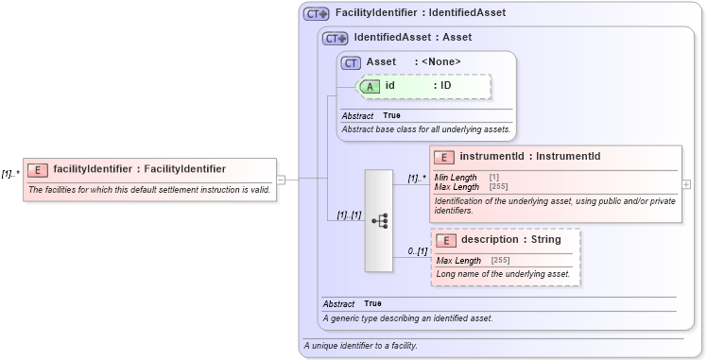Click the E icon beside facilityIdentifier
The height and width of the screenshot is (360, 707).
tap(38, 170)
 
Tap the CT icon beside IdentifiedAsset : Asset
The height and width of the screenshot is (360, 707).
tap(336, 39)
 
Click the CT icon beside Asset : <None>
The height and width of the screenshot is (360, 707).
tap(352, 62)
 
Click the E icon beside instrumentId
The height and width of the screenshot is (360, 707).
tap(443, 157)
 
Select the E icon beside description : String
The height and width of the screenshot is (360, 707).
tap(445, 241)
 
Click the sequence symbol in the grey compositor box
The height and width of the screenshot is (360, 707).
tap(379, 221)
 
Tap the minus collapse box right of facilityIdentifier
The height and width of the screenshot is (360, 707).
tap(281, 178)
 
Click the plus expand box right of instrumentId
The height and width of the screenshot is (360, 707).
tap(686, 184)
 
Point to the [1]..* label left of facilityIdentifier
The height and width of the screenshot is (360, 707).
tap(10, 174)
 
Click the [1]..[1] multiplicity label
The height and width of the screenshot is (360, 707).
tap(349, 215)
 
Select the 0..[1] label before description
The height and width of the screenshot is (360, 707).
tap(417, 251)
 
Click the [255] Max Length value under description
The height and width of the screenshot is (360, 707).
tap(501, 260)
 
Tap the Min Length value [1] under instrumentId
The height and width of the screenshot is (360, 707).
tap(494, 177)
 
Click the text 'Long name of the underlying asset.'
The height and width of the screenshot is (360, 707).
tap(503, 274)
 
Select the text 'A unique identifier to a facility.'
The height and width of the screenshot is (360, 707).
tap(360, 346)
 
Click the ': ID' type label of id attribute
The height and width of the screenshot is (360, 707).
tap(442, 86)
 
